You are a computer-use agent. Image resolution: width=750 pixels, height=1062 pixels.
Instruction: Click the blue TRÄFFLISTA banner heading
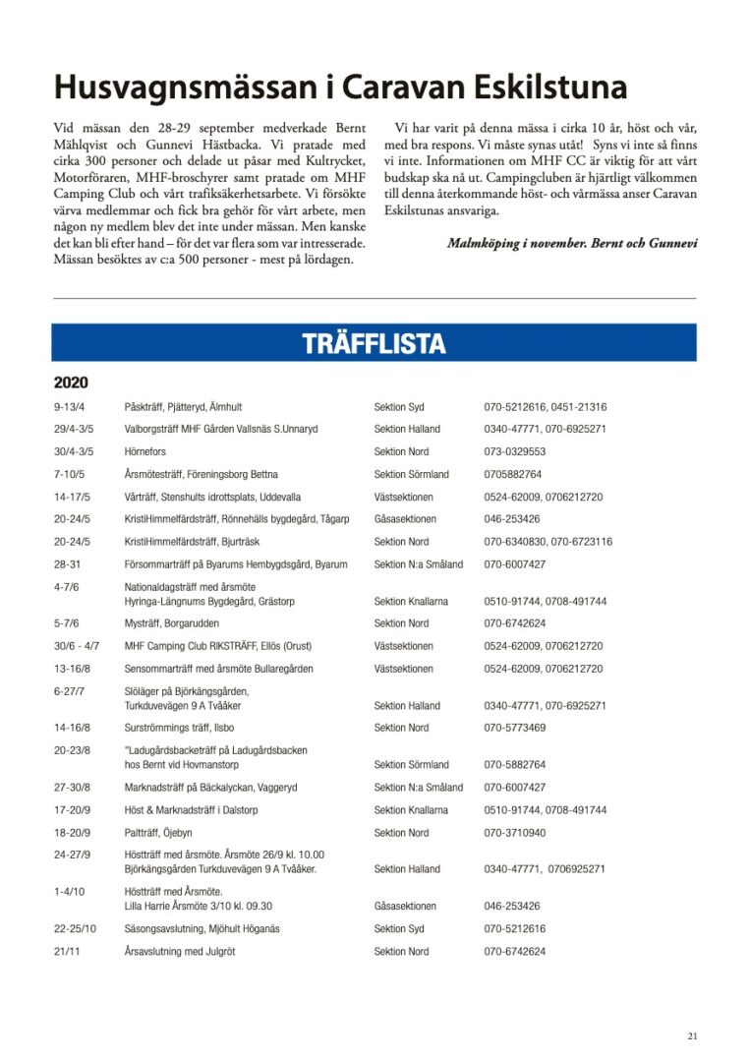[374, 343]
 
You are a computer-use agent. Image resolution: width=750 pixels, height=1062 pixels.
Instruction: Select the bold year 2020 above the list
[71, 383]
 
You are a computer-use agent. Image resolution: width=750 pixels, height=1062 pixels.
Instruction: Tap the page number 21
[692, 1035]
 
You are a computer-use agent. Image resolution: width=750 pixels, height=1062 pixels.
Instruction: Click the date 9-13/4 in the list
[70, 407]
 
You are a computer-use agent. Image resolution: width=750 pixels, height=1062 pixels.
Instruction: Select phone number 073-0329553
[514, 452]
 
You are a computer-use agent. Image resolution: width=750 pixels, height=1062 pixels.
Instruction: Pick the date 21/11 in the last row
[67, 952]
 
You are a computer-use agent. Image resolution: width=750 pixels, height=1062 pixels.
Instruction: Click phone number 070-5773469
[514, 728]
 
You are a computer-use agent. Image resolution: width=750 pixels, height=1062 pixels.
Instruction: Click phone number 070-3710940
[514, 833]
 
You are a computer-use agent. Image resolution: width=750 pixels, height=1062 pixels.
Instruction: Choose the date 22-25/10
[76, 928]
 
